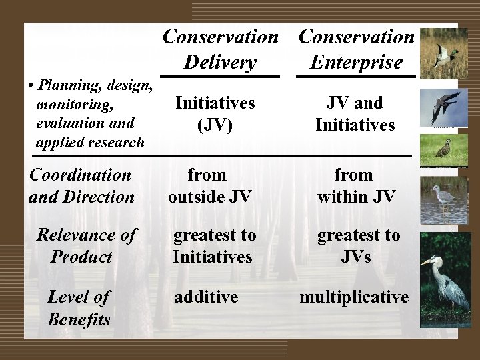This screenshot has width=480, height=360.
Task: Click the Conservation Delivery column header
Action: (x=221, y=49)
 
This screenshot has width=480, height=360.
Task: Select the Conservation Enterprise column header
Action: (x=356, y=49)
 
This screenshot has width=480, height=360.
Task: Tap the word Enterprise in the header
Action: (x=356, y=63)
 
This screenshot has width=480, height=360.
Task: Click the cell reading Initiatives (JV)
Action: (x=214, y=113)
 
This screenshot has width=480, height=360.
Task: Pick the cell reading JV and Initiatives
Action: (x=355, y=113)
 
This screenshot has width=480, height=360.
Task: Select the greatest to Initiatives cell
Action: (x=214, y=245)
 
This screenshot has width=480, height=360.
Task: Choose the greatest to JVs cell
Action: (x=358, y=245)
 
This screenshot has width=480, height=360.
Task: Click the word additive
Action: (x=206, y=297)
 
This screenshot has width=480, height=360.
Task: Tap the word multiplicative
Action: (x=354, y=297)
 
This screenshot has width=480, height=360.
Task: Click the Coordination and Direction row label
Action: (x=81, y=185)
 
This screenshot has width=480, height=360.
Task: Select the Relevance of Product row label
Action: (x=86, y=245)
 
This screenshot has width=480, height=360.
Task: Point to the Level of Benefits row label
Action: (x=79, y=307)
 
